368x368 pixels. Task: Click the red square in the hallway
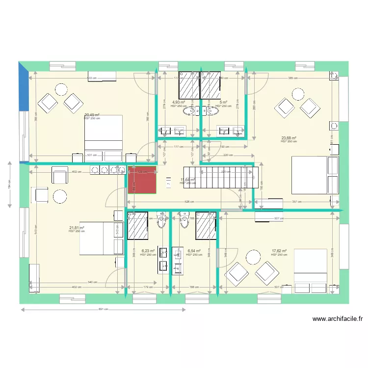(142, 180)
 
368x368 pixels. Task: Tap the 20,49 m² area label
(92, 115)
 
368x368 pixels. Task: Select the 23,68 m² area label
(289, 138)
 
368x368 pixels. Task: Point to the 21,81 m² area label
(77, 228)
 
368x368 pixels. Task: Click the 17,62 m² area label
(279, 251)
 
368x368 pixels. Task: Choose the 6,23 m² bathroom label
(147, 251)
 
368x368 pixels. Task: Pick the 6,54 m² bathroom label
(194, 251)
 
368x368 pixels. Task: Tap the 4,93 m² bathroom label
(178, 103)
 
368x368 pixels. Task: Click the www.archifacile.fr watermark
(338, 319)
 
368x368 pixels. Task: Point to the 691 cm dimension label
(103, 310)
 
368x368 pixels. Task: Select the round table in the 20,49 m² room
(61, 89)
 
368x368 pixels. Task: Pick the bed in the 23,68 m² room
(315, 175)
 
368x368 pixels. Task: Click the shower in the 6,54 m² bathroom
(205, 226)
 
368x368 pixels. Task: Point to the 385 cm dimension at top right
(293, 78)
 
